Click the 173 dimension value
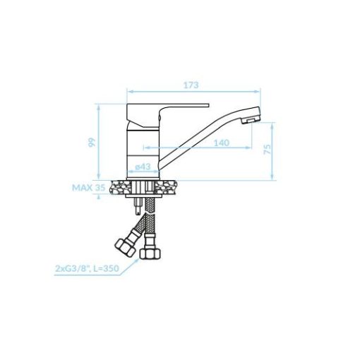191,85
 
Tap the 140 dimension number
222,143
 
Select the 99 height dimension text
92,143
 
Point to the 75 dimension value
268,150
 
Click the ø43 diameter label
143,167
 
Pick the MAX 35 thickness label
88,188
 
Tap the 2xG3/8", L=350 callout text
87,268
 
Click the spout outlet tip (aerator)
251,120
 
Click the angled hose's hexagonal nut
125,248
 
